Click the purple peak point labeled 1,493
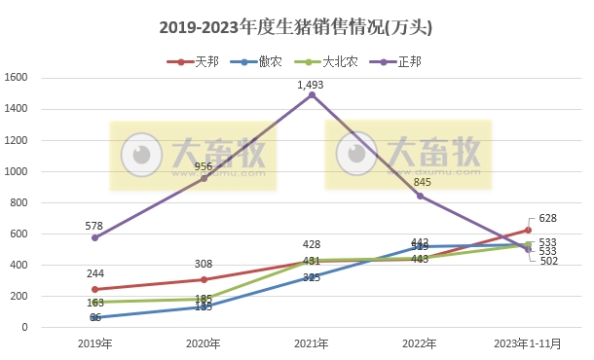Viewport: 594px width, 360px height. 312,94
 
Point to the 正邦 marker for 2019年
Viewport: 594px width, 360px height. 94,237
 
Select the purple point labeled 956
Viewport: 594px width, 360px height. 204,178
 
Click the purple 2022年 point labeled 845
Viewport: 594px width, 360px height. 420,196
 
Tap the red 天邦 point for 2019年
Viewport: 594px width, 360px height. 94,289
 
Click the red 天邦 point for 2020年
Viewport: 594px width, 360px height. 204,279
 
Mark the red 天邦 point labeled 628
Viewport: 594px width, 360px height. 528,230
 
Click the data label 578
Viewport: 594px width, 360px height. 94,225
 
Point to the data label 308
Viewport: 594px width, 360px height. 204,264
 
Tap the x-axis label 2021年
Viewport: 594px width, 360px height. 312,343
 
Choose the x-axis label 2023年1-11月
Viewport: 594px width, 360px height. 528,343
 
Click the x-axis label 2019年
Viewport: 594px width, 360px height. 94,343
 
